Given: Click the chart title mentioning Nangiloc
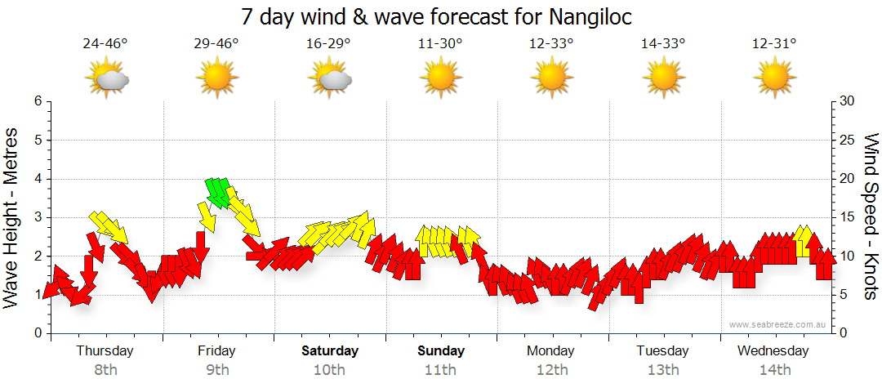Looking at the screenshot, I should (437, 16).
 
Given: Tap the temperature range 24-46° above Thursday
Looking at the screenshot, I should (105, 43).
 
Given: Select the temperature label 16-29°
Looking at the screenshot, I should (328, 43).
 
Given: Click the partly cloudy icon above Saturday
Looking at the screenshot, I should (330, 78).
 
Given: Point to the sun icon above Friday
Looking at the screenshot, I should (216, 78).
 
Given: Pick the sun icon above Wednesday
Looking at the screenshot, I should (774, 78).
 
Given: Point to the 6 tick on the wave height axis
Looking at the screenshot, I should (37, 101).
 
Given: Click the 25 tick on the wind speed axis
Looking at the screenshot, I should (848, 140).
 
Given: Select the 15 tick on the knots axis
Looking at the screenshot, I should (848, 217).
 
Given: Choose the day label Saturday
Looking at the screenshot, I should (330, 351).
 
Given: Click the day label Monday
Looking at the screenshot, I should (551, 351).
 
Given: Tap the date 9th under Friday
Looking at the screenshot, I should (216, 369).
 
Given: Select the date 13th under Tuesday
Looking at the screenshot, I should (663, 369).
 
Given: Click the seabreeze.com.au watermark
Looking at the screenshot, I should (778, 324).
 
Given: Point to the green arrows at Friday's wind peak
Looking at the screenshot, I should (218, 191).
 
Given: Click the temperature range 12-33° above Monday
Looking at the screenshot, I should (551, 43).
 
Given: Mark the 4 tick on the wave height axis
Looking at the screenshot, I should (37, 179).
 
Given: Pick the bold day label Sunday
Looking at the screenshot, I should (441, 351).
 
